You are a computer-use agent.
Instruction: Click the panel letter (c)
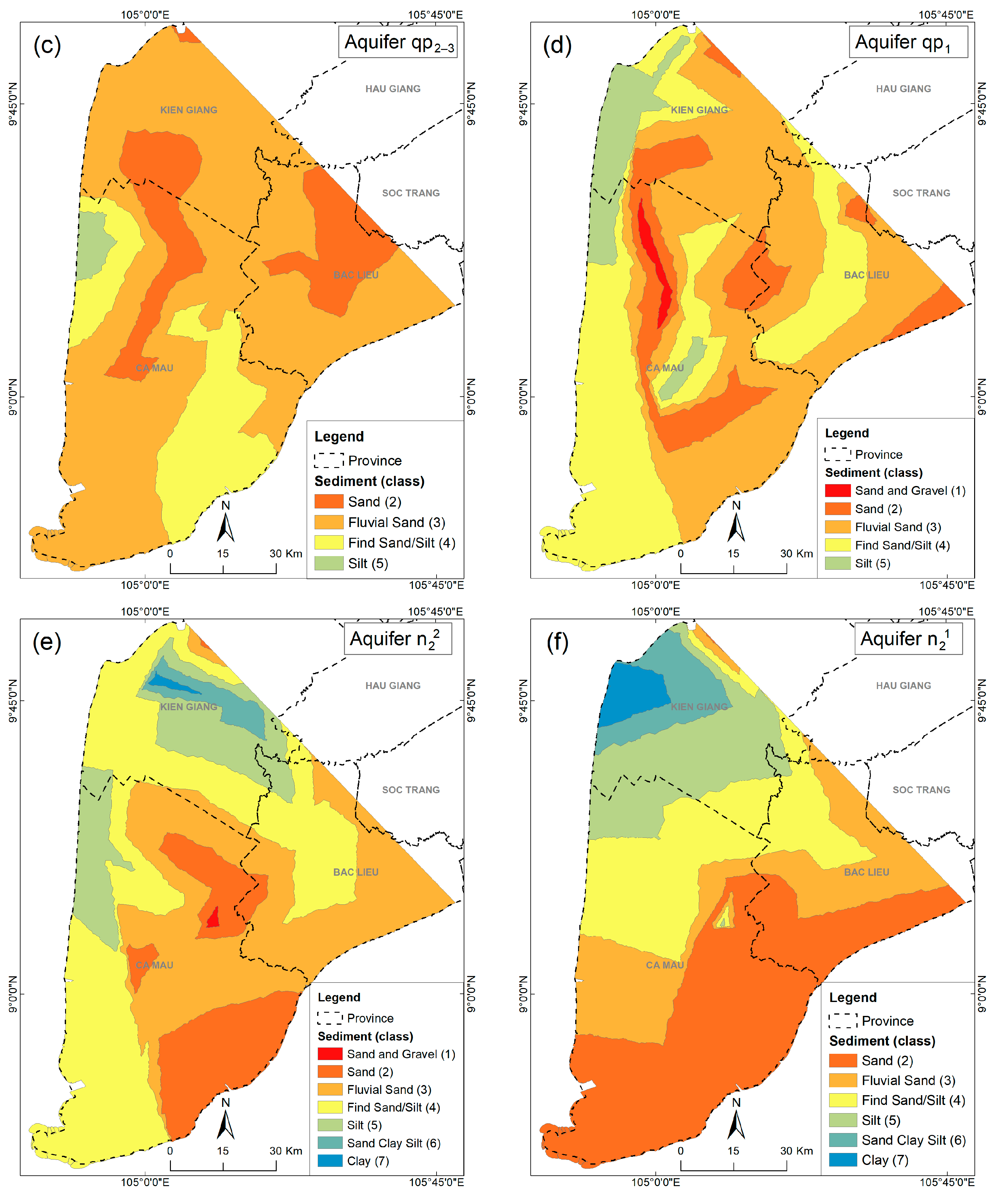point(47,45)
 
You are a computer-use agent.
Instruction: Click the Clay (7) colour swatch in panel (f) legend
point(843,1160)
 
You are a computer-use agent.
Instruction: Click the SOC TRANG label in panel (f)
point(921,790)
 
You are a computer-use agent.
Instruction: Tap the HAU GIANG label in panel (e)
point(393,686)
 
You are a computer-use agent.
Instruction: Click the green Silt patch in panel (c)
point(91,244)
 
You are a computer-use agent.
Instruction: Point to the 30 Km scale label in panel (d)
point(796,553)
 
